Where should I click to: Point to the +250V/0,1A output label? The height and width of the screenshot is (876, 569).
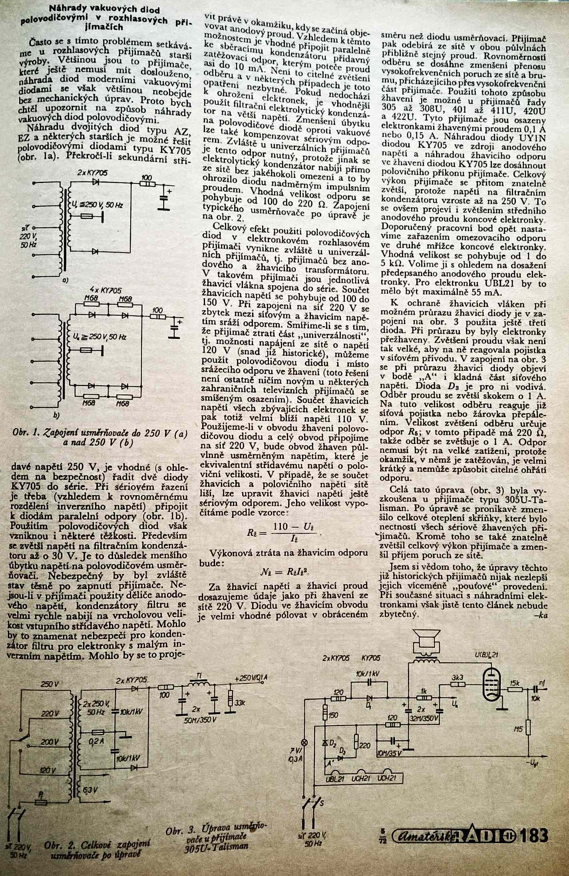251,678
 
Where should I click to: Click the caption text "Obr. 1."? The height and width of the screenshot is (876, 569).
27,432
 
